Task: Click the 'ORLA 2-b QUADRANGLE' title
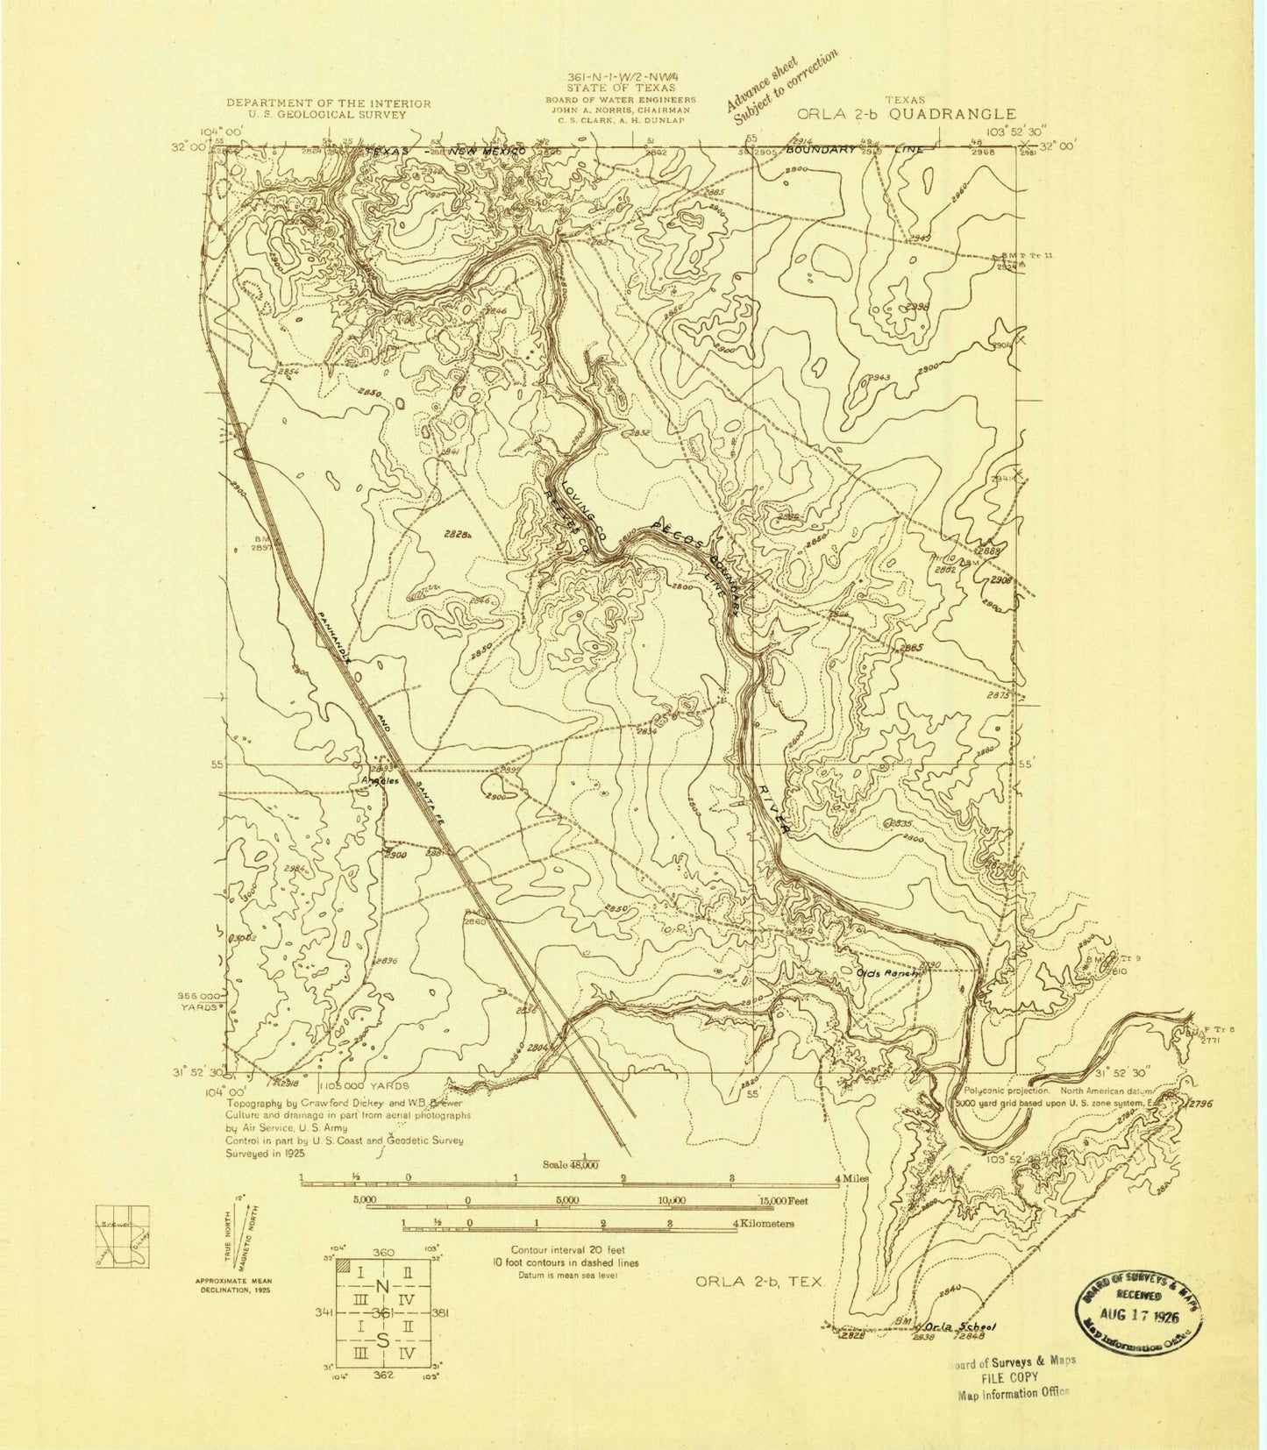click(907, 114)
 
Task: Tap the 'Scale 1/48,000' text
click(583, 1162)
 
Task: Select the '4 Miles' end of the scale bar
click(852, 1180)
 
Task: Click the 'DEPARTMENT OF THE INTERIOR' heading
click(329, 103)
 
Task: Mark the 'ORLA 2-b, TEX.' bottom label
click(760, 1282)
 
